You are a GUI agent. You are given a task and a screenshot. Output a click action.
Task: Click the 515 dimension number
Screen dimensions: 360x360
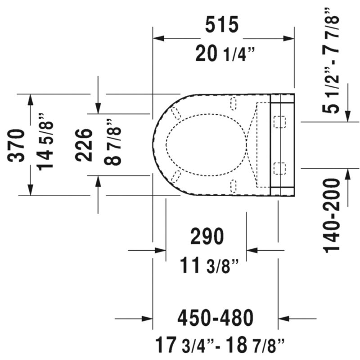tap(222, 24)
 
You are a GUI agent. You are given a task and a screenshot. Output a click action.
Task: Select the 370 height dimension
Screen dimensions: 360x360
tap(16, 145)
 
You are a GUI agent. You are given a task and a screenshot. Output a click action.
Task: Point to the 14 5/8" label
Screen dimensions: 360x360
tap(45, 142)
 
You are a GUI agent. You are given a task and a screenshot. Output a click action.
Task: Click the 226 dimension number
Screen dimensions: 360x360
tap(84, 144)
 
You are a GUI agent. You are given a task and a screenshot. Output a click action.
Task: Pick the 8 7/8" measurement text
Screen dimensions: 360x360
tap(112, 142)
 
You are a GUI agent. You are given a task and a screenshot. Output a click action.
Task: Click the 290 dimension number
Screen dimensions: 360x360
tap(207, 236)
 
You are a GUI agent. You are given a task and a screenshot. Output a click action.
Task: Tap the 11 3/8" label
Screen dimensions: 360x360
tap(209, 265)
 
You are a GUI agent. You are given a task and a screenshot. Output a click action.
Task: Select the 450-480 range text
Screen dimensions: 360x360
tap(216, 318)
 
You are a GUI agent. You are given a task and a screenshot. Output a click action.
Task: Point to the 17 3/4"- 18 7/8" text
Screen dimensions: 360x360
tap(220, 345)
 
